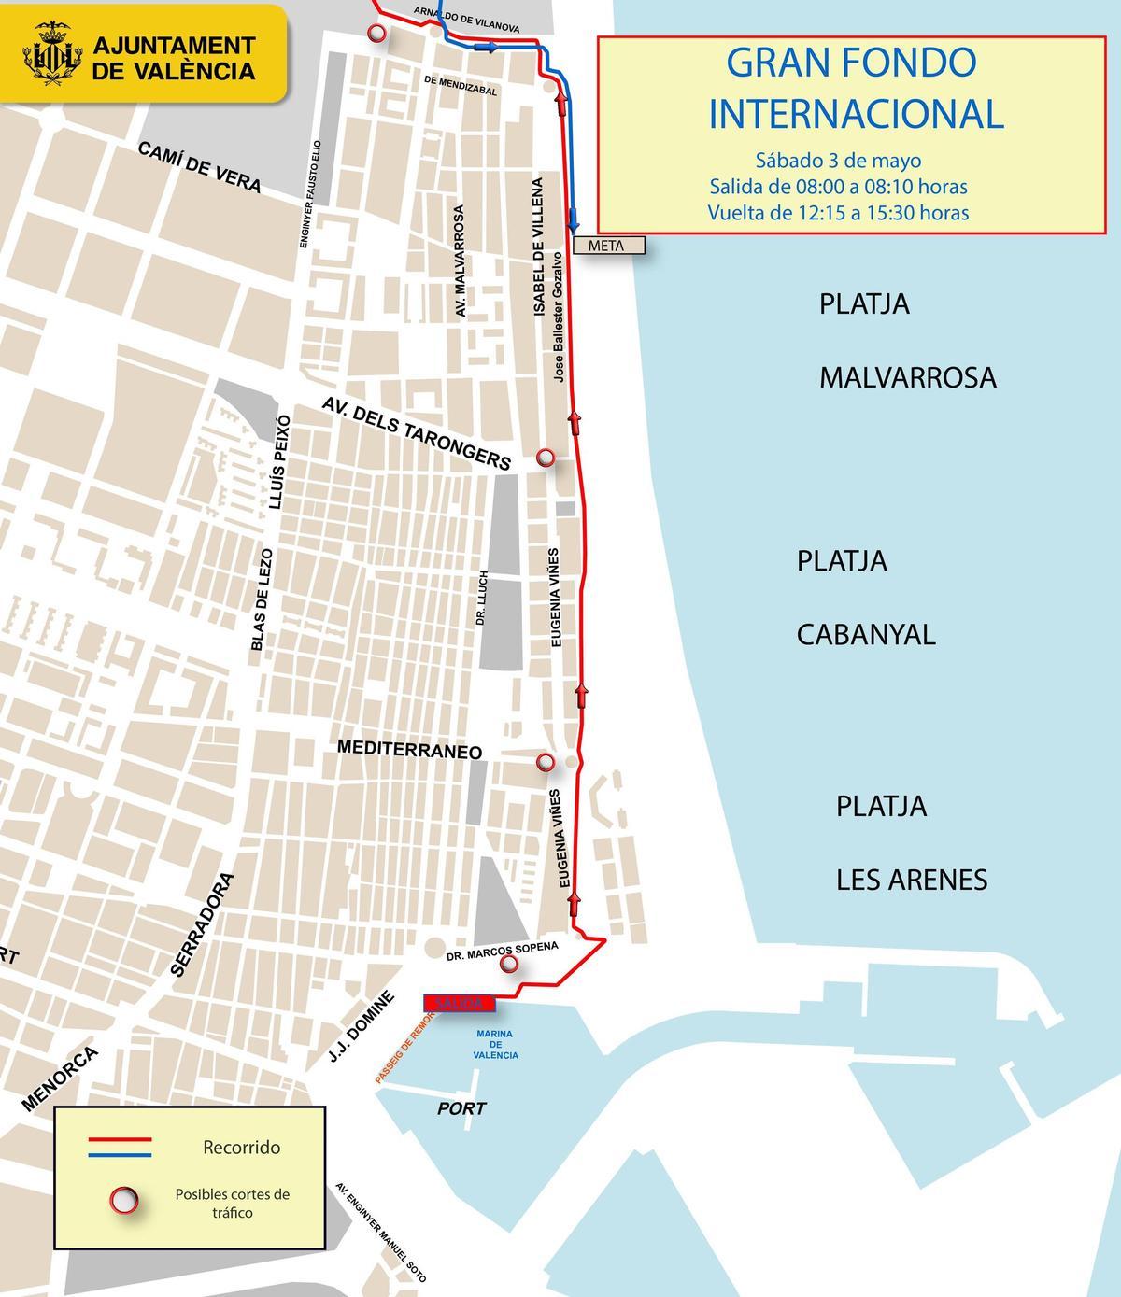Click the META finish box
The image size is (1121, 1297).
[x=606, y=246]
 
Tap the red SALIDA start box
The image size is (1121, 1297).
[x=457, y=1003]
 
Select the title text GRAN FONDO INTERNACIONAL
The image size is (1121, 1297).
[x=854, y=88]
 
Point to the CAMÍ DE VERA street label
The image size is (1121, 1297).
[x=199, y=167]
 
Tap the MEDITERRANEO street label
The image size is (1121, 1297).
[x=409, y=749]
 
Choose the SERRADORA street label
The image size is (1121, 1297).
[x=201, y=923]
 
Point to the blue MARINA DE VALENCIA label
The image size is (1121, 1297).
[x=495, y=1045]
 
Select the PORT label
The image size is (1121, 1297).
[x=461, y=1108]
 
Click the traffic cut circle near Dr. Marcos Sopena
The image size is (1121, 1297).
[x=509, y=964]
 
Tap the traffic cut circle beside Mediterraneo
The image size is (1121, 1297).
[x=546, y=763]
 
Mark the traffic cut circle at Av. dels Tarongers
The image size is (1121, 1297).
[x=546, y=457]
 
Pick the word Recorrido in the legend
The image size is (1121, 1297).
[x=241, y=1147]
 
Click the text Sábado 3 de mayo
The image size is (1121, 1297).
[x=838, y=160]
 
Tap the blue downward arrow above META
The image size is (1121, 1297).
[x=574, y=217]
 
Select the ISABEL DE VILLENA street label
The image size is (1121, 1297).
[x=540, y=247]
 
